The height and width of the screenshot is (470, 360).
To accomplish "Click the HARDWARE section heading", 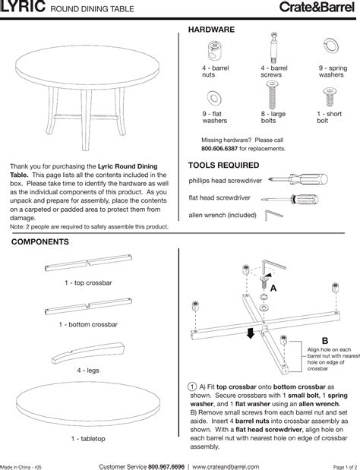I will (x=211, y=28).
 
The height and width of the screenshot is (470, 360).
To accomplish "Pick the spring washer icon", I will (x=330, y=49).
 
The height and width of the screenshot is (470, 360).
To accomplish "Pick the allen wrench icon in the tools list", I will (x=270, y=216).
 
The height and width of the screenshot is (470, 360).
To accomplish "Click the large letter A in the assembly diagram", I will (x=284, y=289).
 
